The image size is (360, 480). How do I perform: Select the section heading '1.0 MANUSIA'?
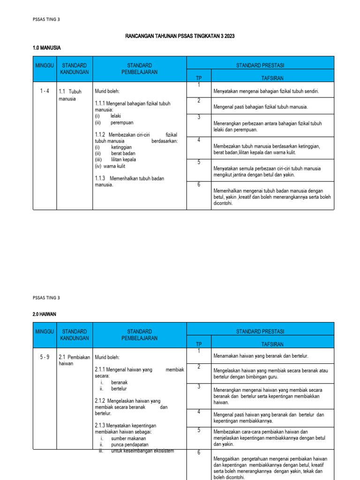click(x=46, y=48)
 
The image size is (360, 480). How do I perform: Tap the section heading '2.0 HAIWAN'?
click(x=45, y=314)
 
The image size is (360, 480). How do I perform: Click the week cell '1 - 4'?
click(x=45, y=91)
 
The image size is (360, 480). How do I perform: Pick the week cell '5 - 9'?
click(x=45, y=357)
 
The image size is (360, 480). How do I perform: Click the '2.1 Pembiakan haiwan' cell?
click(x=74, y=360)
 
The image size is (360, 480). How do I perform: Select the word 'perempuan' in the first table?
click(x=122, y=123)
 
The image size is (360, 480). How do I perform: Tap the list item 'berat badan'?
click(x=123, y=153)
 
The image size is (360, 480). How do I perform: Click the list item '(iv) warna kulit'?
click(x=110, y=166)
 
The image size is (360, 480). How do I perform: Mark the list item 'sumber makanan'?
click(x=128, y=438)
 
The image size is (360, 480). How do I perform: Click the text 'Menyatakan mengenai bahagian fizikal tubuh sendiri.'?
click(x=266, y=91)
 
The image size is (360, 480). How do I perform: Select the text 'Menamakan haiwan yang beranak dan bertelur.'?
click(x=261, y=356)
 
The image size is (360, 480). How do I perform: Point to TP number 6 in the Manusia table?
click(x=199, y=185)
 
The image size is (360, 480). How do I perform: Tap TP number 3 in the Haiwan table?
click(x=199, y=387)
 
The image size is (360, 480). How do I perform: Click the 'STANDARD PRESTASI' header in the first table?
click(x=260, y=65)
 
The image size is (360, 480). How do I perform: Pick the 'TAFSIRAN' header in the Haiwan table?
click(x=272, y=344)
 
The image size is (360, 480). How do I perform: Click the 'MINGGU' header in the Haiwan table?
click(x=45, y=331)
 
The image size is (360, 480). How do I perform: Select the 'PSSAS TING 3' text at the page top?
click(x=46, y=19)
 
